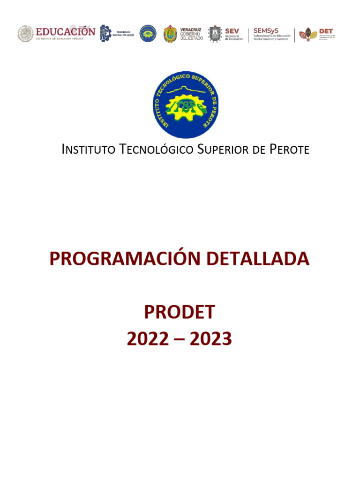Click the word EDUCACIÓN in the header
(66, 31)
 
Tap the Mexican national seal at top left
(26, 34)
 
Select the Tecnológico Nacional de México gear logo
(105, 34)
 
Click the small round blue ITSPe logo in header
(148, 34)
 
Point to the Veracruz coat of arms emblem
(170, 34)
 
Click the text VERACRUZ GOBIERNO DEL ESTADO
(191, 34)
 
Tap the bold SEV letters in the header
(232, 30)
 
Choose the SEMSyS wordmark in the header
(266, 30)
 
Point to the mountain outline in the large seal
(186, 90)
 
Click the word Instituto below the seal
(89, 150)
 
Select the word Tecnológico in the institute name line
(157, 150)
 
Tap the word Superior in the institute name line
(221, 150)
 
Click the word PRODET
(180, 312)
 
